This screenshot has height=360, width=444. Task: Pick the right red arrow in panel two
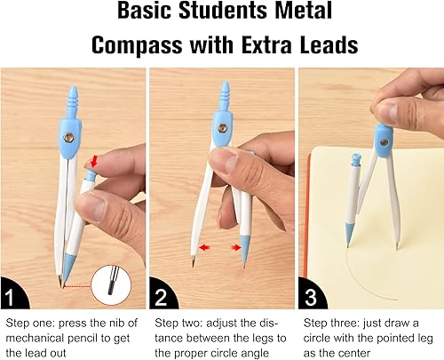[x=235, y=248]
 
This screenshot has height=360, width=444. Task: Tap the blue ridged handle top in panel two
[x=225, y=93]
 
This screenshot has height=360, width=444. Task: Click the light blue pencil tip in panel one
[x=68, y=268]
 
